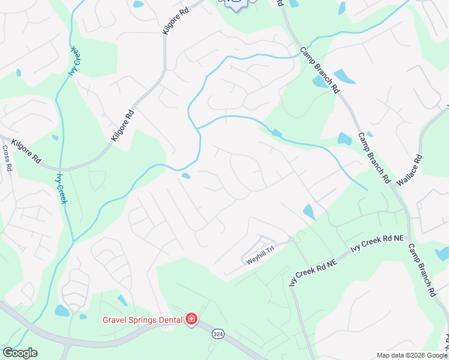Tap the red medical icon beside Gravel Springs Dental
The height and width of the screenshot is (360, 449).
(191, 319)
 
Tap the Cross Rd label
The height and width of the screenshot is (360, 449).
(7, 159)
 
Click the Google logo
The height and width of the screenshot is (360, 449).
(20, 353)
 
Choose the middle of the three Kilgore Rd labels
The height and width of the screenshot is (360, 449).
(122, 125)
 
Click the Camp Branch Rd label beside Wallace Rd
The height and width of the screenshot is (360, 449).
(373, 157)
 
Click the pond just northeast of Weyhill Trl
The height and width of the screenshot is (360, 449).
(309, 212)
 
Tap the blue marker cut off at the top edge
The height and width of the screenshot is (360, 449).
(235, 5)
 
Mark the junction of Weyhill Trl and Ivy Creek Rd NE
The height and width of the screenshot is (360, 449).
(291, 239)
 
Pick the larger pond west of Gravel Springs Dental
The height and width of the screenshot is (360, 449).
(62, 310)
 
